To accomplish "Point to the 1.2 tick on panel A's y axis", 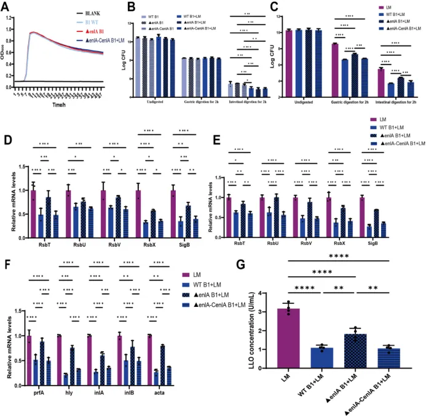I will click(8, 18).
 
